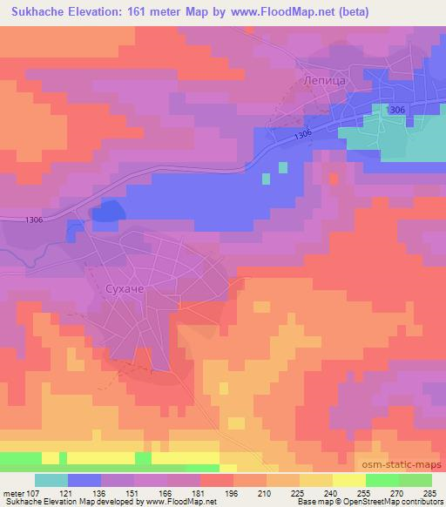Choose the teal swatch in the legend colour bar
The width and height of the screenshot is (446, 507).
coord(51,480)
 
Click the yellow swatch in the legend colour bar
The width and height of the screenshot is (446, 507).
coord(349,480)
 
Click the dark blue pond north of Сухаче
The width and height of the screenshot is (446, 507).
coord(107,210)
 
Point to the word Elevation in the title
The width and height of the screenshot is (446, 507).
coord(90,12)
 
